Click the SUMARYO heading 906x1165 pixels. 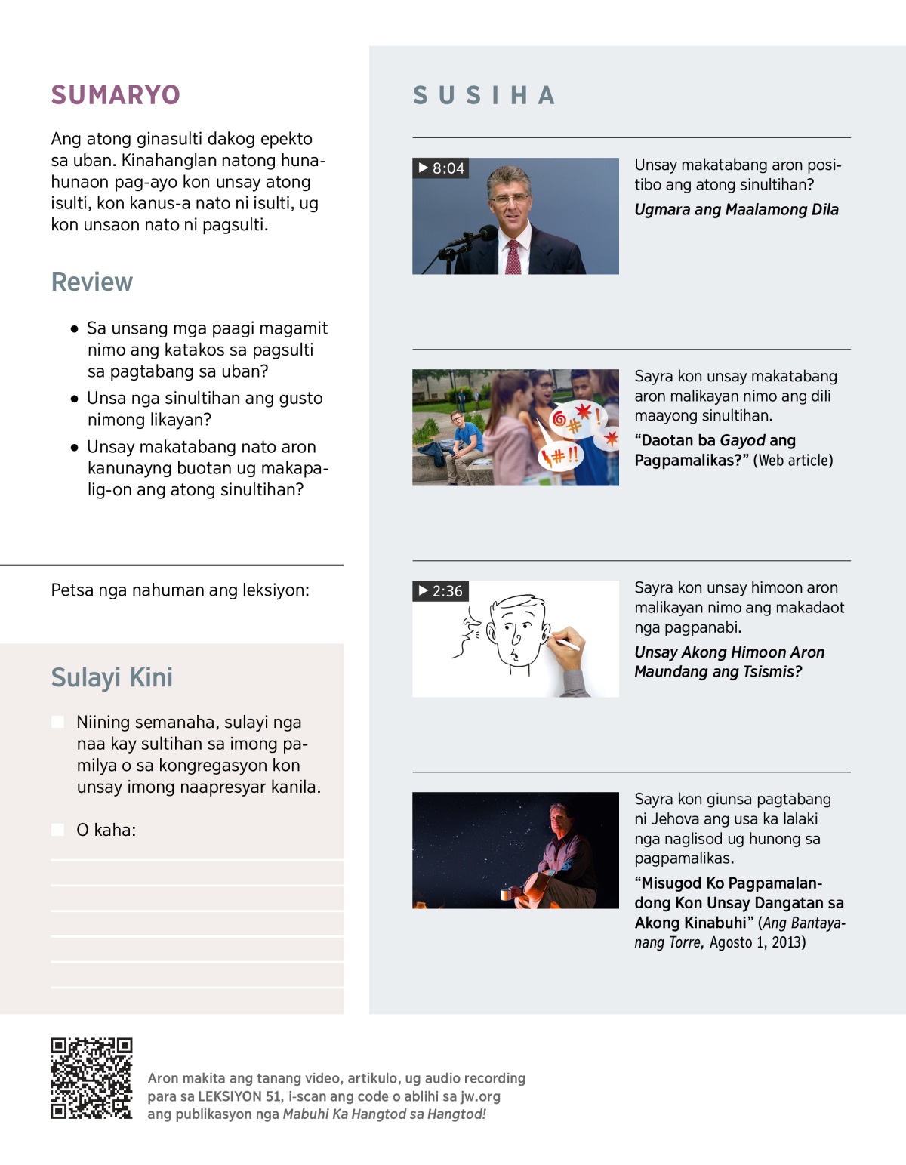[x=116, y=95]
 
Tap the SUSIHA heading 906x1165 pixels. [x=484, y=96]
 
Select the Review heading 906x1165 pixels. [x=92, y=282]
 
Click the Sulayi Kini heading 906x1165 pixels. [x=112, y=678]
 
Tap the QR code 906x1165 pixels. [x=91, y=1078]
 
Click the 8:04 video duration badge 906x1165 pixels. [x=441, y=168]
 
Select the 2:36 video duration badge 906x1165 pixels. [x=441, y=591]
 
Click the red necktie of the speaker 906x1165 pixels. [x=513, y=257]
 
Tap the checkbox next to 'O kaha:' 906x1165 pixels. [x=57, y=830]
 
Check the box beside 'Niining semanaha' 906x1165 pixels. [x=57, y=722]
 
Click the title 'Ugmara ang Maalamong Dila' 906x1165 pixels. [x=736, y=210]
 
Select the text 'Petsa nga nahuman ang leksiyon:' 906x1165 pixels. [x=180, y=590]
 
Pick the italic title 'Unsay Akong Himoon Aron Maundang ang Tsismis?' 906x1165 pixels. [x=729, y=662]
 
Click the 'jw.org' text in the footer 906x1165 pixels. [x=480, y=1096]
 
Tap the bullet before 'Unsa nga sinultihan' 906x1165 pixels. [x=74, y=399]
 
